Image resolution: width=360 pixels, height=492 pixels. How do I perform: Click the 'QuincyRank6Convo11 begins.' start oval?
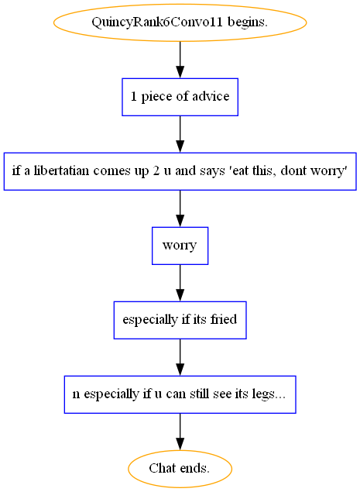tap(180, 22)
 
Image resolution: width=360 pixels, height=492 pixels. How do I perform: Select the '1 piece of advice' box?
tap(180, 97)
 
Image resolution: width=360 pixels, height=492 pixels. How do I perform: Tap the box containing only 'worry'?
tap(180, 246)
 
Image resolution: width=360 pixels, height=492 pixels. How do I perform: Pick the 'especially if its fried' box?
tap(180, 320)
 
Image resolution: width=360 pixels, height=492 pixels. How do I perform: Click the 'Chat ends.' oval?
tap(180, 469)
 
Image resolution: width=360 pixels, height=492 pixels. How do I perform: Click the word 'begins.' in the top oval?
tap(248, 22)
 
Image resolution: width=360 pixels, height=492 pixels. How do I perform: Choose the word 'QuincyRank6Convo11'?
tap(157, 22)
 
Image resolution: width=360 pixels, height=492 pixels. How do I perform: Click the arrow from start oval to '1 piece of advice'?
tap(180, 60)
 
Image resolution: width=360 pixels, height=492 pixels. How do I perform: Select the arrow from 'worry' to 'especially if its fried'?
tap(180, 283)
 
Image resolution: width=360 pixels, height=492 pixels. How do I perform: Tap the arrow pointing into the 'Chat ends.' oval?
tap(180, 432)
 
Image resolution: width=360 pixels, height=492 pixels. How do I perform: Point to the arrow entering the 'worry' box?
tap(180, 208)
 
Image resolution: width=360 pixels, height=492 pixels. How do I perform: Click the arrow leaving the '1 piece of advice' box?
tap(180, 134)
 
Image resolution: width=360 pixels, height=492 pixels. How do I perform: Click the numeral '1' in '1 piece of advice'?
tap(134, 96)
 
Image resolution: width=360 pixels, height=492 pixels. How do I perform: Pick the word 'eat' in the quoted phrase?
tap(241, 171)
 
